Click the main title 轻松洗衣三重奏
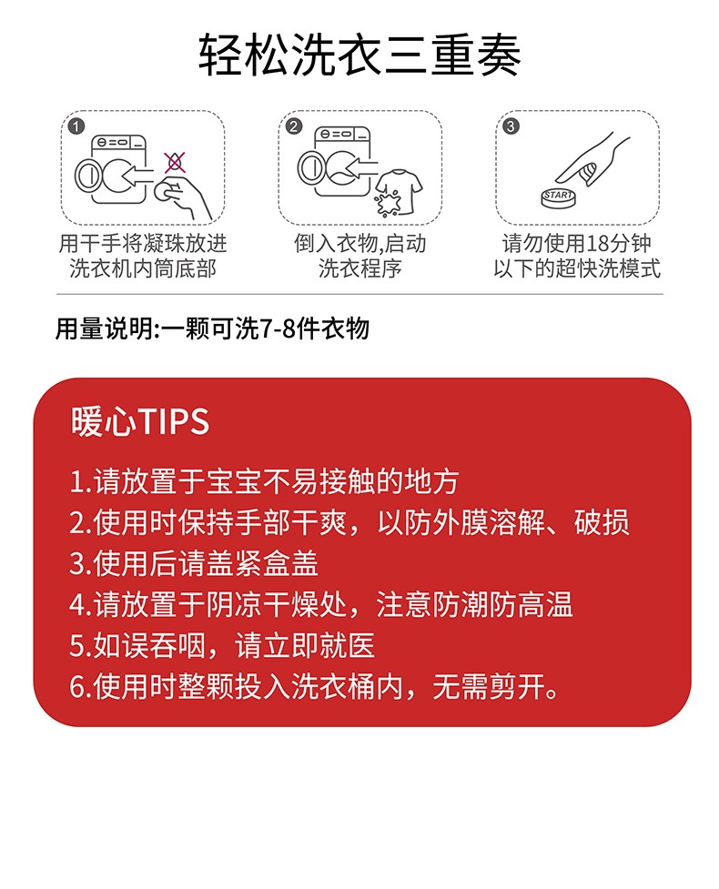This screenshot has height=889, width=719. click(x=359, y=55)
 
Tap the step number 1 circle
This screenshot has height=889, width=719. click(x=76, y=126)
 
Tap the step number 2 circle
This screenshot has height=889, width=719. click(x=294, y=126)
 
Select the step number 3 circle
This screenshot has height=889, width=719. click(x=511, y=126)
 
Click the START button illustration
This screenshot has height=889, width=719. click(x=559, y=197)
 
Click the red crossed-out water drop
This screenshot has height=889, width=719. click(x=175, y=163)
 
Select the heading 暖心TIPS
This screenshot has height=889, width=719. click(x=140, y=421)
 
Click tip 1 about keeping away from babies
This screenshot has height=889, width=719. click(x=264, y=481)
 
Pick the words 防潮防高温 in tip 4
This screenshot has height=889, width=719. click(x=502, y=605)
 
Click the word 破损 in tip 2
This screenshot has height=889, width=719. click(x=602, y=522)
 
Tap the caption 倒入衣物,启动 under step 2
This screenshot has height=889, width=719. click(x=360, y=244)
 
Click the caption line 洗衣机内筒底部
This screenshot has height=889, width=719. click(x=143, y=268)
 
